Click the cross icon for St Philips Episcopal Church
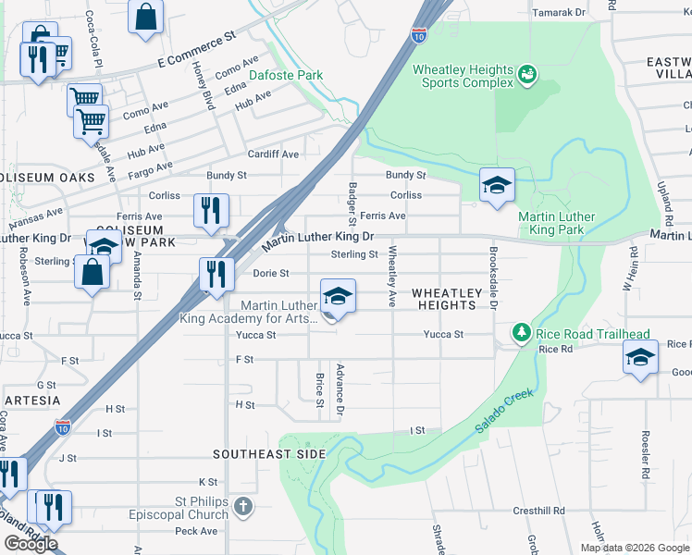tap(242, 506)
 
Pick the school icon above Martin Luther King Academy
tap(339, 296)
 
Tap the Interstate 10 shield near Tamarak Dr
tap(419, 35)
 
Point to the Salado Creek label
tap(506, 407)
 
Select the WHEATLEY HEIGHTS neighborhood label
tap(448, 299)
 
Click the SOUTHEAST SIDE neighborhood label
tap(269, 454)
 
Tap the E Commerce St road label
tap(197, 53)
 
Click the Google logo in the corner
tap(31, 544)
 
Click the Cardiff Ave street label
tap(272, 154)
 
